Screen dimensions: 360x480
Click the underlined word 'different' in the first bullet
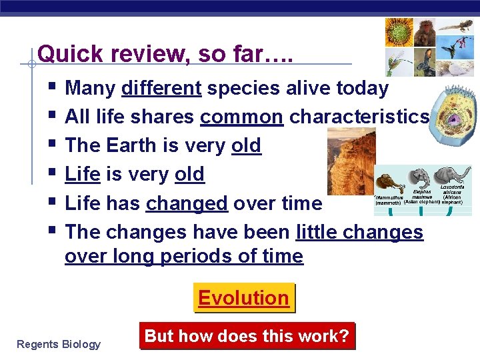point(162,88)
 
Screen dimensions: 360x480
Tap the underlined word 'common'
point(242,117)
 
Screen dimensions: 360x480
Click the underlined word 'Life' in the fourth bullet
point(83,174)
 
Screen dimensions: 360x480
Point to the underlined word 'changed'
point(187,203)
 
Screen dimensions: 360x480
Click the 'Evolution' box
point(243,298)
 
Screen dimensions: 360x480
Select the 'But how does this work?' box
point(247,336)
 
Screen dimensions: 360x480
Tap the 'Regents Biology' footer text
point(59,344)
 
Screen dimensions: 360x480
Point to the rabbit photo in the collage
point(424,62)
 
